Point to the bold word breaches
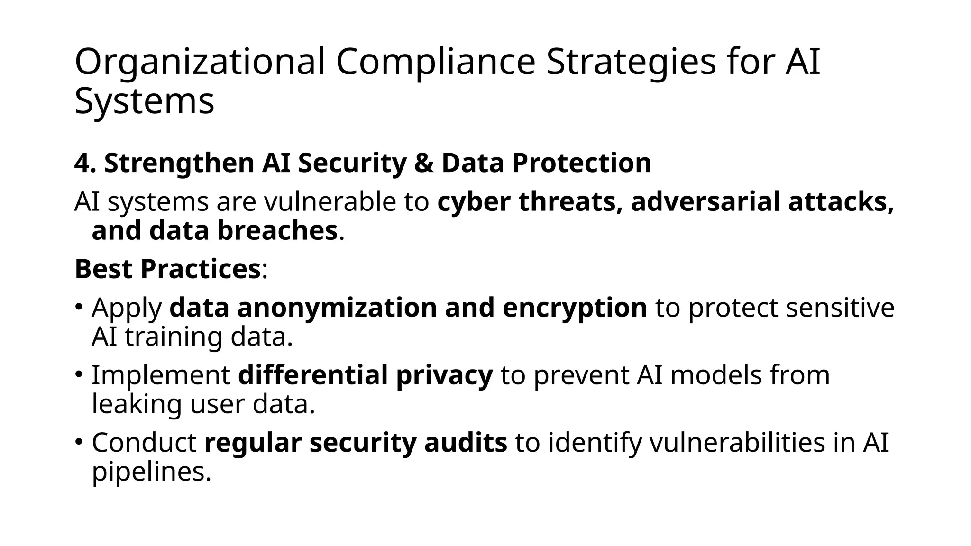[277, 231]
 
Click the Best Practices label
[167, 269]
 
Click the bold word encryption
[575, 308]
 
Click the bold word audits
[465, 443]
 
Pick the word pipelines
[151, 473]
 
